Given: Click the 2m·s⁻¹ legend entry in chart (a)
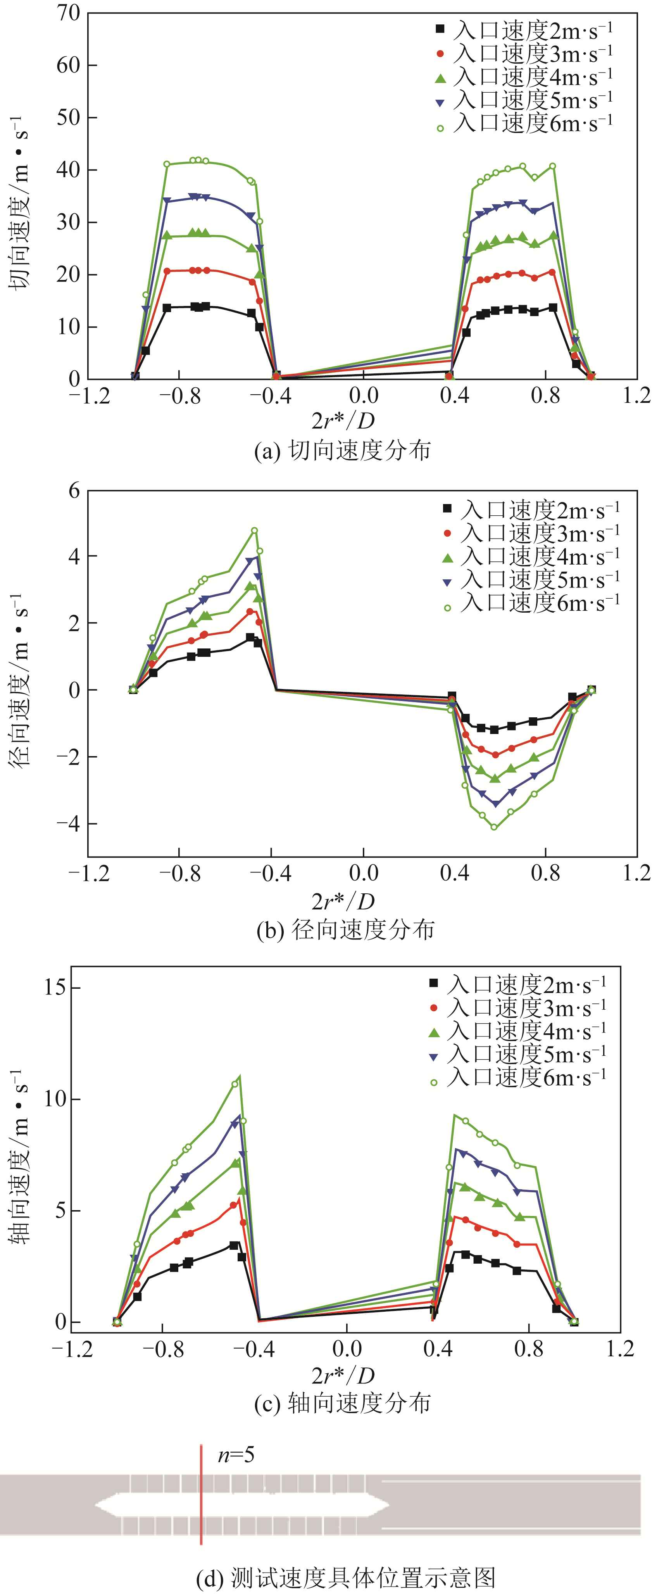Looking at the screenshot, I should point(524,30).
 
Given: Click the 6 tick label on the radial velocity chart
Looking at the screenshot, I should point(74,491).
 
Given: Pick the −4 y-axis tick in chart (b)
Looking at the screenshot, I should point(68,824).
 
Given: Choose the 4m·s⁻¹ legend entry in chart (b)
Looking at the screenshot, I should point(532,556).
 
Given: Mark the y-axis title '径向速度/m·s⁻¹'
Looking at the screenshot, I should point(19,680).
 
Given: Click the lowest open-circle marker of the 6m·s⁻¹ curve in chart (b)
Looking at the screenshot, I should point(493,827).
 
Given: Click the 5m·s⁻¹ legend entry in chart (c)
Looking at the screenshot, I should point(518,1054).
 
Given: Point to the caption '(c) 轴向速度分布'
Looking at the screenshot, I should point(342,1403).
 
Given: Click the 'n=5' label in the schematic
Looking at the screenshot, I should point(236,1455).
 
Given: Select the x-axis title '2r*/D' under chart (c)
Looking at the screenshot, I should point(343,1376).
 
